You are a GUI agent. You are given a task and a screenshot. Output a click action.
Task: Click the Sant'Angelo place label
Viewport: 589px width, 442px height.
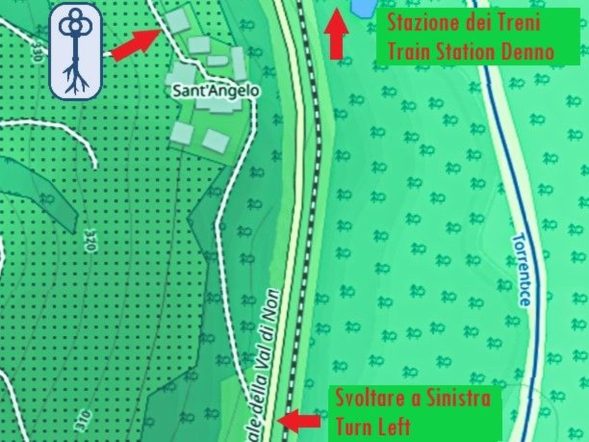pos(216,91)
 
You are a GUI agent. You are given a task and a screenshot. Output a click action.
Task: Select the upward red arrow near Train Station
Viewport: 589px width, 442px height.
pos(336,35)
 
